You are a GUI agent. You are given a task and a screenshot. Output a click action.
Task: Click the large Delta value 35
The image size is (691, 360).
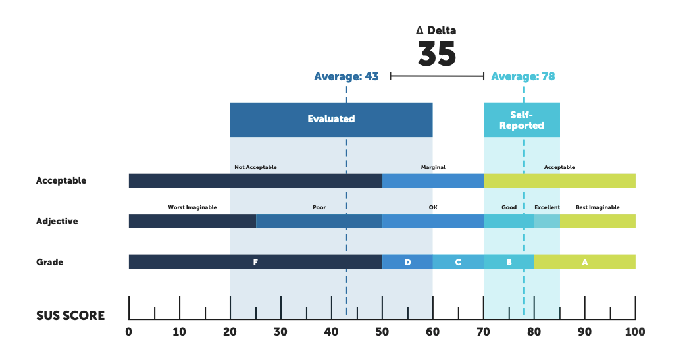click(437, 54)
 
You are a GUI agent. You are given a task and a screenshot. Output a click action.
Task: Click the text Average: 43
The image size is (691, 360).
click(346, 76)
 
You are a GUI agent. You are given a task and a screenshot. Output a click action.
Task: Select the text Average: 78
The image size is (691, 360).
click(523, 76)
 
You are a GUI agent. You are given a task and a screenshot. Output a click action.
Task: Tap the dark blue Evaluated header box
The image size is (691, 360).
click(332, 119)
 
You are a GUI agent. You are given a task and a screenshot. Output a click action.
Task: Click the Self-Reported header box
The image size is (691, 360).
click(522, 120)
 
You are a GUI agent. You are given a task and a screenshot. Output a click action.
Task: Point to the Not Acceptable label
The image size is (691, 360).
click(255, 167)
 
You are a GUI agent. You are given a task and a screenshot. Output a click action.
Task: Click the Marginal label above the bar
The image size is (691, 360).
click(433, 167)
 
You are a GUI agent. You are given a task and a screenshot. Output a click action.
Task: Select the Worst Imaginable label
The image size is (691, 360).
click(193, 207)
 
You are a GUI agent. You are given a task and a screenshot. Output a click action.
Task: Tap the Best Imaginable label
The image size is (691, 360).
click(598, 207)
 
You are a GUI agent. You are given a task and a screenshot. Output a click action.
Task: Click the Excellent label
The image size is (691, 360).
click(548, 207)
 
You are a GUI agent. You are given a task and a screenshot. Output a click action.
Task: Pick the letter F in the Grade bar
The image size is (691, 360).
click(255, 262)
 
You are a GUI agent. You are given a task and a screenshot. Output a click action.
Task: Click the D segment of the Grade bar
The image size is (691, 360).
click(407, 262)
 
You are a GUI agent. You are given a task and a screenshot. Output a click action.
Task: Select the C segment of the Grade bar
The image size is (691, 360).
click(458, 262)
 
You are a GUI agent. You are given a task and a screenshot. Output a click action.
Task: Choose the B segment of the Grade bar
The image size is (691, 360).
click(509, 262)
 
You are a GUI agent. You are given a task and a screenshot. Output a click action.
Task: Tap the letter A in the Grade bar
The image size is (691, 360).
click(585, 262)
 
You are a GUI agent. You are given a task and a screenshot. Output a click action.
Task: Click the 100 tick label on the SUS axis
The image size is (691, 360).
click(635, 332)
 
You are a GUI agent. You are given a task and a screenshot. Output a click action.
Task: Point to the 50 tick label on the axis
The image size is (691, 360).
click(382, 332)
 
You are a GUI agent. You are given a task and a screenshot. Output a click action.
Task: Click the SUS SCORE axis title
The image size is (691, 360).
click(70, 315)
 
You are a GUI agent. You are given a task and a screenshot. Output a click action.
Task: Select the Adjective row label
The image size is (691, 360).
click(57, 221)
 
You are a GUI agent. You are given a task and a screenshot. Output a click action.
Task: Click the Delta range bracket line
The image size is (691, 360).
click(437, 76)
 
